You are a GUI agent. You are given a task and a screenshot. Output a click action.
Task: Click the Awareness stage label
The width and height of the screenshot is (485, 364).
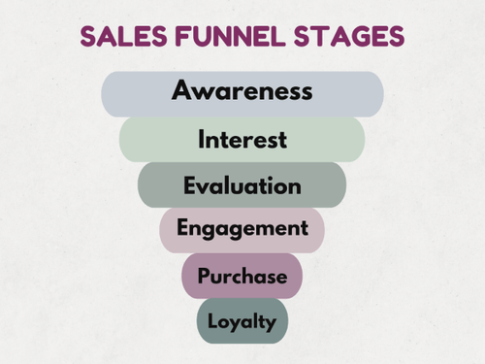pos(242,91)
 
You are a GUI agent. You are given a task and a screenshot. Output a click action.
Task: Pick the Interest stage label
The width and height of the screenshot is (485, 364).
pos(242,139)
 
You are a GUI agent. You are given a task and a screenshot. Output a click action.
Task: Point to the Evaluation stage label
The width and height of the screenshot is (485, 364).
pos(242,184)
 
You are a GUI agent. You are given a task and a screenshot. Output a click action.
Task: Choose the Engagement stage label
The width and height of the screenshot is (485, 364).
pos(242,229)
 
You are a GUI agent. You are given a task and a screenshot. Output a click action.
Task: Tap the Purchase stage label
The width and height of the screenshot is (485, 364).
pos(242,276)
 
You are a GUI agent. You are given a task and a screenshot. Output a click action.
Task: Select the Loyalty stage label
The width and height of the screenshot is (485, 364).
pos(242,321)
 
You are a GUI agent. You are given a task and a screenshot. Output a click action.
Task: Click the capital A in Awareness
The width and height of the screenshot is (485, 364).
pos(182,91)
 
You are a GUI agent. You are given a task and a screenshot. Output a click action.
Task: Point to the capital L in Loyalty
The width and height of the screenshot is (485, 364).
pos(212,321)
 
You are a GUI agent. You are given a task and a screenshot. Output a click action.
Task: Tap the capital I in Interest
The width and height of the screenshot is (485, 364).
pos(201,139)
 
